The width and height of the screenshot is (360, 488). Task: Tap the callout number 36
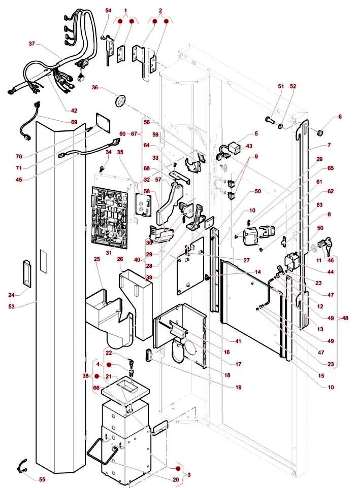point(94,87)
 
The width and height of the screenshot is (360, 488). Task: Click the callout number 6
point(340,117)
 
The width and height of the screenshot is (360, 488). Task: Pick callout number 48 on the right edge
point(346,318)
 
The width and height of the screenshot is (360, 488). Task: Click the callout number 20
point(176,479)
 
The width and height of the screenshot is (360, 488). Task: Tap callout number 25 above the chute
point(96,259)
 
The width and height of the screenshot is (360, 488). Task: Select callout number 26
point(120,259)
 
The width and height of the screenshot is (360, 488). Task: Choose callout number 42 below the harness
point(74,110)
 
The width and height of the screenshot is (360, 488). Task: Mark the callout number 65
point(331,167)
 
